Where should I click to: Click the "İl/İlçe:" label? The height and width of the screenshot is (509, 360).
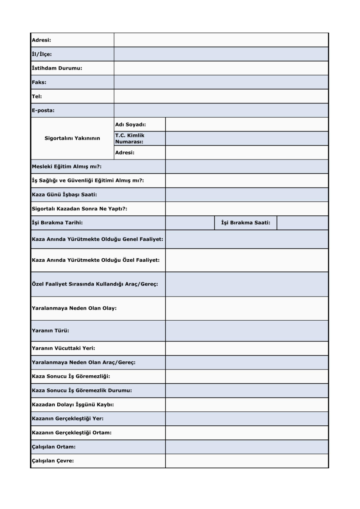tap(42, 54)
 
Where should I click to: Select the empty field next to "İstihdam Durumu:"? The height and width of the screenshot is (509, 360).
tap(221, 68)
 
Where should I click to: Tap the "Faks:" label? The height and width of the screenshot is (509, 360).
tap(39, 82)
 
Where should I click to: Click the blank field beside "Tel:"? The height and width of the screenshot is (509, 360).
tap(221, 96)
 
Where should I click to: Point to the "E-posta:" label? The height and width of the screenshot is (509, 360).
tap(43, 110)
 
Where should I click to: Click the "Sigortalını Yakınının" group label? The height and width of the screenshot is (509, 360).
tap(72, 138)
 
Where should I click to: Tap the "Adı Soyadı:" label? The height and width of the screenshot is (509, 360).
tap(131, 124)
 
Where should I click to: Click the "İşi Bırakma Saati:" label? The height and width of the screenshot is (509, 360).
tap(246, 223)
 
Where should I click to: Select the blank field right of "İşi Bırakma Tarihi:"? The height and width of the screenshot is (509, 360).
tap(190, 223)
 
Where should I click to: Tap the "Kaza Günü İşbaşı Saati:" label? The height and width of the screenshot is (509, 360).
tap(65, 195)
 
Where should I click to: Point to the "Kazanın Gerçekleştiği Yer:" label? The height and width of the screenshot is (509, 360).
tap(68, 419)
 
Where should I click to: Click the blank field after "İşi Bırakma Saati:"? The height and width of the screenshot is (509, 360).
tap(302, 223)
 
